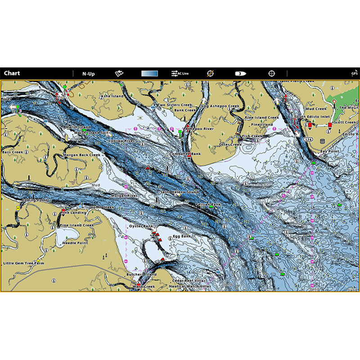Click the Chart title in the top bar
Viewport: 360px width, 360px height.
pos(12,73)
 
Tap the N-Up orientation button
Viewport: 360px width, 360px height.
pos(88,73)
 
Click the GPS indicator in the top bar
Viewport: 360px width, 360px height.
pos(355,73)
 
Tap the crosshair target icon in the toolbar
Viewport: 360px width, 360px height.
pos(271,73)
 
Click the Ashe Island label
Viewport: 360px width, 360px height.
pos(111,96)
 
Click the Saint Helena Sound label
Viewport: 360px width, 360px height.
pos(180,192)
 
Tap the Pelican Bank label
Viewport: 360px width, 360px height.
pos(208,204)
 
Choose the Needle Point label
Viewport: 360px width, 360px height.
pos(75,243)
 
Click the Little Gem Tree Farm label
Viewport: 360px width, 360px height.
pos(24,263)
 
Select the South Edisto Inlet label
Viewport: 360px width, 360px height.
pos(310,117)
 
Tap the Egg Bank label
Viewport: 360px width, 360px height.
pos(182,236)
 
